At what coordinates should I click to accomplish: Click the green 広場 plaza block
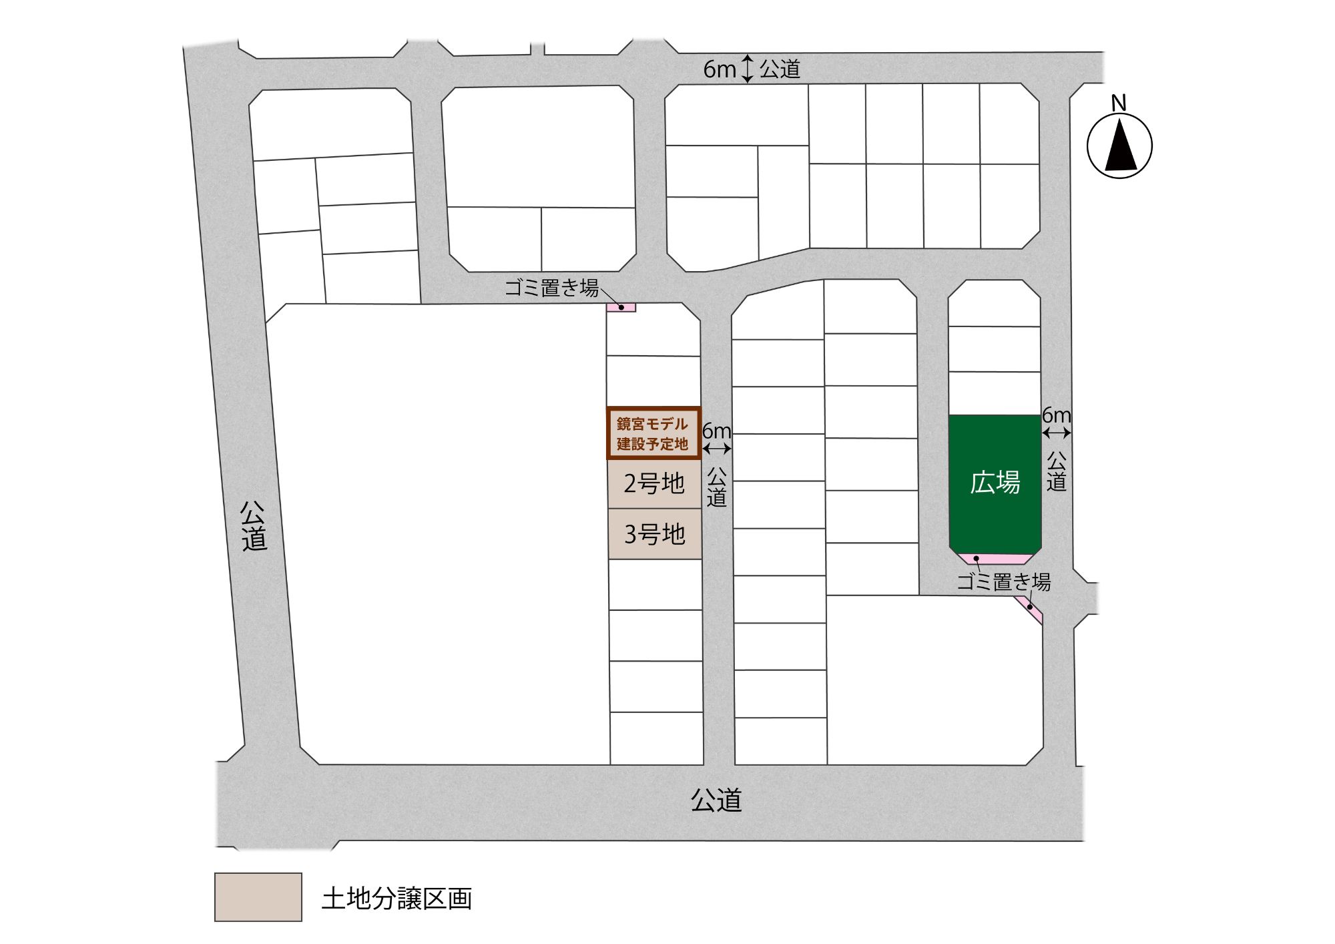click(995, 482)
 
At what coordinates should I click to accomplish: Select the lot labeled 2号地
click(654, 483)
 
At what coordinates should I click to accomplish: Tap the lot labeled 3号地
click(654, 534)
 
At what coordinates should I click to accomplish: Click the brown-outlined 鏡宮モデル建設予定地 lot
click(653, 433)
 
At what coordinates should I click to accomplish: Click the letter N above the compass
click(1119, 103)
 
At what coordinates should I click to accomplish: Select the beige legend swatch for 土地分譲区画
click(258, 897)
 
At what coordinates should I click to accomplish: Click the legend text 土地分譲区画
click(396, 898)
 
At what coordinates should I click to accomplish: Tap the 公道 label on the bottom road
click(716, 800)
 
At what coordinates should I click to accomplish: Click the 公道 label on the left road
click(254, 526)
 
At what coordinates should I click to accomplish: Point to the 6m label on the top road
click(719, 69)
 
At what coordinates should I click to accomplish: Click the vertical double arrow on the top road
click(748, 69)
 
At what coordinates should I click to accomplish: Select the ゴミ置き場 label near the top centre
click(551, 288)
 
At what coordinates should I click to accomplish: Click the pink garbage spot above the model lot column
click(621, 308)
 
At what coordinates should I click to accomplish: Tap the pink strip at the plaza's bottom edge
click(995, 559)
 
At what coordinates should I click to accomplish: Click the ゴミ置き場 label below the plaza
click(1003, 581)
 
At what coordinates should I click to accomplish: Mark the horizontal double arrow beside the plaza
click(1057, 433)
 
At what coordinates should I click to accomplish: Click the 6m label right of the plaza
click(1057, 415)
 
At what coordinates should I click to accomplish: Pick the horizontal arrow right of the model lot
click(717, 449)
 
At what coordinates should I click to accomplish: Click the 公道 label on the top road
click(780, 69)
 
